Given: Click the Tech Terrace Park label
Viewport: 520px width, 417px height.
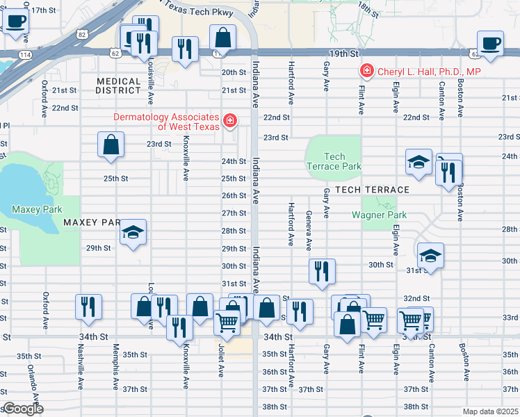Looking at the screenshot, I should (x=334, y=161).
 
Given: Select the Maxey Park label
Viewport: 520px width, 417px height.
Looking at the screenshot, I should (x=37, y=209).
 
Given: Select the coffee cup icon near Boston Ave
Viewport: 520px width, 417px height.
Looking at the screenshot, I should (x=490, y=42).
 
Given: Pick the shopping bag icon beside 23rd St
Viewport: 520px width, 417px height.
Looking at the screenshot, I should (x=111, y=145).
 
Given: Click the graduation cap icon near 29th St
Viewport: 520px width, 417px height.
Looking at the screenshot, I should (x=133, y=232).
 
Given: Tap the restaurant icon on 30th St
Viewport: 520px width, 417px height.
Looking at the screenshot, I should (x=320, y=272).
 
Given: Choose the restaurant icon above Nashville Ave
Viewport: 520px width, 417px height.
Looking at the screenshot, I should (x=88, y=306).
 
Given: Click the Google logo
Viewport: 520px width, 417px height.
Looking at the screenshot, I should (x=23, y=409).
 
